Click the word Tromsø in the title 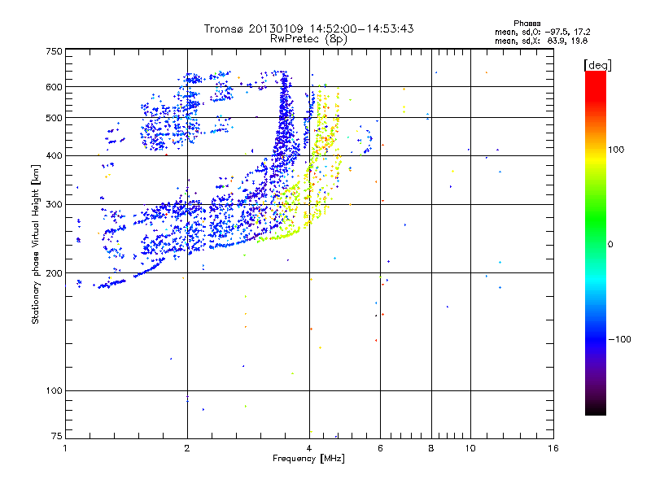pyautogui.click(x=227, y=28)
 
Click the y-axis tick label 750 pyautogui.click(x=54, y=51)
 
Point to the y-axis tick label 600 pyautogui.click(x=54, y=86)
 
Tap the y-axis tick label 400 pyautogui.click(x=54, y=155)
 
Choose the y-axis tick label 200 pyautogui.click(x=54, y=273)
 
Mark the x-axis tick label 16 pyautogui.click(x=553, y=449)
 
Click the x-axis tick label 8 pyautogui.click(x=431, y=449)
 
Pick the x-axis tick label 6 pyautogui.click(x=381, y=449)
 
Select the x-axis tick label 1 pyautogui.click(x=65, y=449)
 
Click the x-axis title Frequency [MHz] pyautogui.click(x=309, y=460)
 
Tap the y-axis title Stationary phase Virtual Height pyautogui.click(x=36, y=244)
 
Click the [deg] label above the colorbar pyautogui.click(x=598, y=64)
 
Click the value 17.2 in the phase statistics pyautogui.click(x=579, y=31)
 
